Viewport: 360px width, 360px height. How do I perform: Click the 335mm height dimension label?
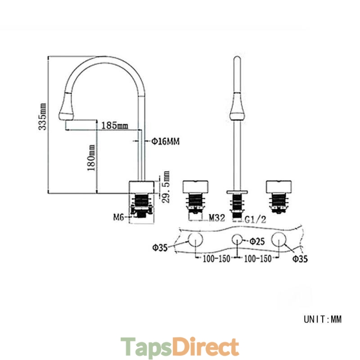[42, 117]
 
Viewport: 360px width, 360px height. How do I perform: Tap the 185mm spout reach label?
[115, 126]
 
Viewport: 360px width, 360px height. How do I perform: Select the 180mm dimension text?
[91, 158]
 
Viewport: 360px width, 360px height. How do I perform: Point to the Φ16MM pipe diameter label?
[165, 141]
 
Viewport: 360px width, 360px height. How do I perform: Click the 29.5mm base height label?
[166, 187]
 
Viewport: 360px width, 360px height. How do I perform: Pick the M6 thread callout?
[119, 217]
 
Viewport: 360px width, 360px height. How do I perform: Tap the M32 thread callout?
[217, 218]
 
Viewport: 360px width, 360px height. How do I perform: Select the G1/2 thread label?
[255, 220]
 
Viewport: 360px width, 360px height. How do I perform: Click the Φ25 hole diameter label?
[257, 242]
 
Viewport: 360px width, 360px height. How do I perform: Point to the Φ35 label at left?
[160, 248]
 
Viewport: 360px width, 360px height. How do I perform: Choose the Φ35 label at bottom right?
[300, 259]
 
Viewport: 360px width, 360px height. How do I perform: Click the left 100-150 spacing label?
[216, 259]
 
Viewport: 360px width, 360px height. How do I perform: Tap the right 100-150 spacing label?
[257, 259]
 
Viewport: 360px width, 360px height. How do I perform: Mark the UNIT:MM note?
[323, 319]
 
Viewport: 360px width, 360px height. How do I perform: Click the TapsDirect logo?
[180, 347]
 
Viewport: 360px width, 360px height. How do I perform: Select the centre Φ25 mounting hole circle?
[237, 240]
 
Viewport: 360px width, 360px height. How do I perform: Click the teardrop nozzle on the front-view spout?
[237, 106]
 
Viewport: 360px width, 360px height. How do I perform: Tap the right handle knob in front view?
[279, 186]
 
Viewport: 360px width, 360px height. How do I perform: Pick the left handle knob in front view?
[195, 186]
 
